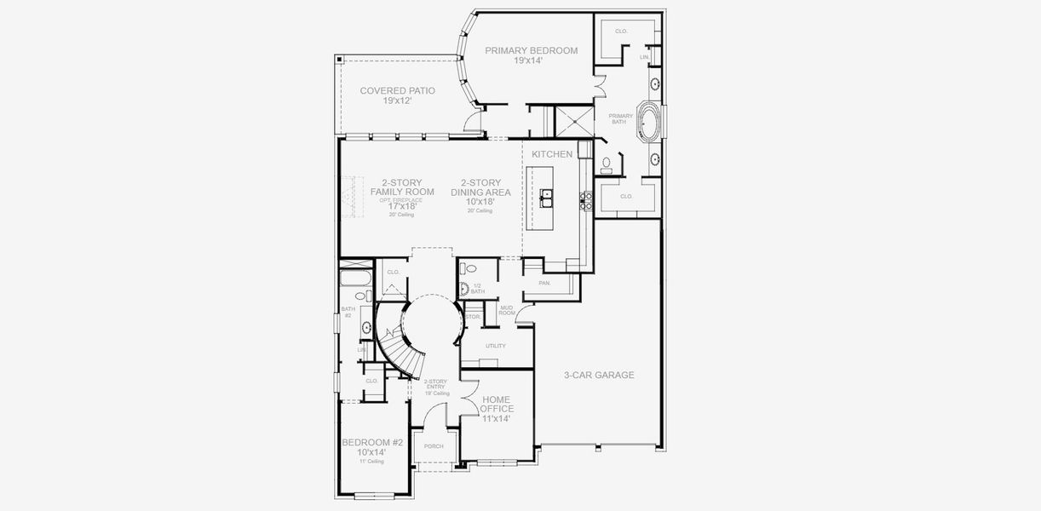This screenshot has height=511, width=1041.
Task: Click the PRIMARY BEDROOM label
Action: click(x=531, y=55)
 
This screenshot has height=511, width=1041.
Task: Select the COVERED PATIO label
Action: click(x=397, y=95)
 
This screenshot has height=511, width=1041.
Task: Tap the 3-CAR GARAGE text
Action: click(x=599, y=375)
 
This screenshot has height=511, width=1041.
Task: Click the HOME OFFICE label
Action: click(x=497, y=409)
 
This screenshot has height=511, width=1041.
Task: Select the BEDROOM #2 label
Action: click(x=372, y=447)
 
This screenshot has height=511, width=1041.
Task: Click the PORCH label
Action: click(x=434, y=446)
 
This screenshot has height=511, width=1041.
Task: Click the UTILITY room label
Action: click(x=495, y=346)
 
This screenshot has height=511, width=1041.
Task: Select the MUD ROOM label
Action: click(x=506, y=311)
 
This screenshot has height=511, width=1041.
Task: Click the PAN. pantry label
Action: click(x=544, y=283)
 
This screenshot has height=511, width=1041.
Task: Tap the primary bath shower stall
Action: click(x=572, y=120)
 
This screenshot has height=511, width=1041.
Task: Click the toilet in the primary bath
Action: click(x=607, y=162)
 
